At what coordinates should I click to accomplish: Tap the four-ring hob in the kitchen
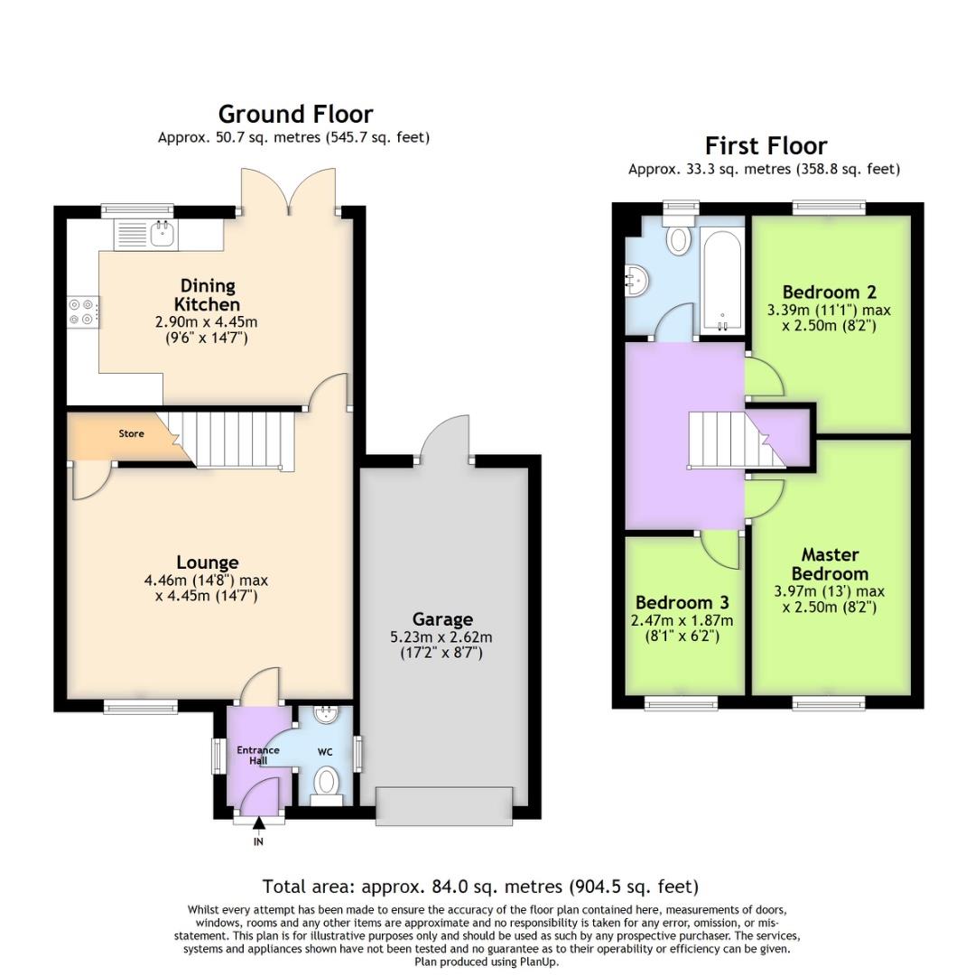pyautogui.click(x=80, y=311)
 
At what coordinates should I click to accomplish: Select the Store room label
pyautogui.click(x=132, y=434)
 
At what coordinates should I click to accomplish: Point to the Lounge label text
pyautogui.click(x=208, y=562)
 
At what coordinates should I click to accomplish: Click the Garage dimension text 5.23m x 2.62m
pyautogui.click(x=442, y=636)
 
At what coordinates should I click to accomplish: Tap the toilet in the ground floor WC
pyautogui.click(x=325, y=781)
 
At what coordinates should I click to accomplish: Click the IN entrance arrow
pyautogui.click(x=259, y=822)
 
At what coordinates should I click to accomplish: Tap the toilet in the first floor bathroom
pyautogui.click(x=679, y=239)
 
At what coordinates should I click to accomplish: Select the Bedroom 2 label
pyautogui.click(x=829, y=292)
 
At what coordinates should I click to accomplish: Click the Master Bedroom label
pyautogui.click(x=829, y=564)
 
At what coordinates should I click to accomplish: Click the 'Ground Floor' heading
pyautogui.click(x=295, y=114)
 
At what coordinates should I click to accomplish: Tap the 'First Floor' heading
pyautogui.click(x=765, y=145)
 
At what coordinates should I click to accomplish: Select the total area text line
pyautogui.click(x=480, y=887)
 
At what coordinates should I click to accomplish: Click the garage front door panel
pyautogui.click(x=444, y=803)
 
